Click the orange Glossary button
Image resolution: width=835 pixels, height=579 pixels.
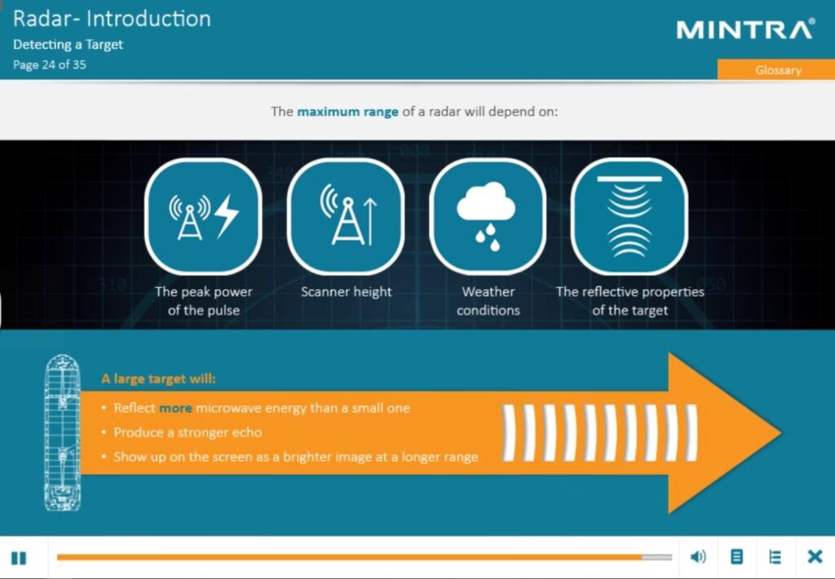[x=776, y=70]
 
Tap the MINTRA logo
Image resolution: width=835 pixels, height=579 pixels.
[x=745, y=29]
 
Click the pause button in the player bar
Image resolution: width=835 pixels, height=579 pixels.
[x=19, y=558]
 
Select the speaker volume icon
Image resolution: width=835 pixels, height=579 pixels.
[x=698, y=557]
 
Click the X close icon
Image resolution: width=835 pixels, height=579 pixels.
[x=815, y=557]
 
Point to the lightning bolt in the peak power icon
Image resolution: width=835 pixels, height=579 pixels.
[x=227, y=216]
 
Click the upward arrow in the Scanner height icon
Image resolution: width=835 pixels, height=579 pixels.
[x=370, y=221]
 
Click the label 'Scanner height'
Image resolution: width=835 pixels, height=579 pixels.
[x=346, y=292]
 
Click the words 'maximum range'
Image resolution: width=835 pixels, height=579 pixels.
[x=347, y=112]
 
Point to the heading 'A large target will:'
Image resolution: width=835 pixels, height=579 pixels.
[x=159, y=378]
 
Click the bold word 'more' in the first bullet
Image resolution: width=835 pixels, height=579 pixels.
[x=176, y=409]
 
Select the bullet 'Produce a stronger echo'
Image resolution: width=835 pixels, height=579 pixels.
[x=188, y=432]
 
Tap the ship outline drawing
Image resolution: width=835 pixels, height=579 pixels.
[x=63, y=432]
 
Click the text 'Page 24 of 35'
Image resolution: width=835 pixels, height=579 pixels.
[x=50, y=65]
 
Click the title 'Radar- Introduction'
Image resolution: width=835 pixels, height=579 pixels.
[x=112, y=19]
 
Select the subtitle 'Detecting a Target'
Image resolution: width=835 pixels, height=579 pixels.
[x=68, y=45]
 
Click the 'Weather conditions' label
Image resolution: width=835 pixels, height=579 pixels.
[x=488, y=301]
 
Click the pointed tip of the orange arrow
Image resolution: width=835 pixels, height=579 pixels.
[x=780, y=432]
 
